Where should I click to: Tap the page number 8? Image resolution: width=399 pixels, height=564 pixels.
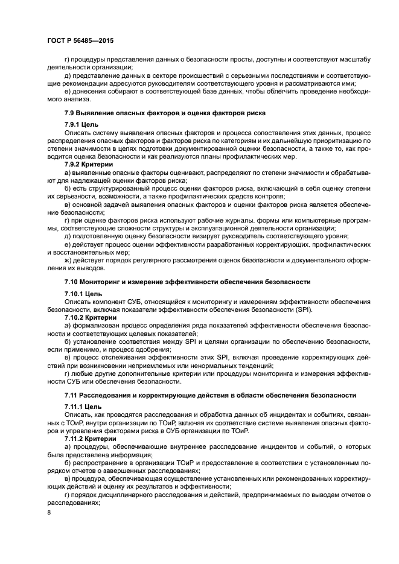(x=49, y=512)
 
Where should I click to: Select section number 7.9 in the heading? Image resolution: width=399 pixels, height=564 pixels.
(x=71, y=113)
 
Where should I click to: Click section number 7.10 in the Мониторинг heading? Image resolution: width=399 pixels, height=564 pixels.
(x=73, y=282)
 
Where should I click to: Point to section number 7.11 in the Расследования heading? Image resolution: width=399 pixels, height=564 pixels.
(x=73, y=394)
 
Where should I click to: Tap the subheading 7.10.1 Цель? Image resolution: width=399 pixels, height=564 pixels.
(x=85, y=293)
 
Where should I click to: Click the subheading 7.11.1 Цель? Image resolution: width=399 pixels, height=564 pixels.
(x=85, y=407)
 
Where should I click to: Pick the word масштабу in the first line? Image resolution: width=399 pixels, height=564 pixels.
(x=352, y=59)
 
